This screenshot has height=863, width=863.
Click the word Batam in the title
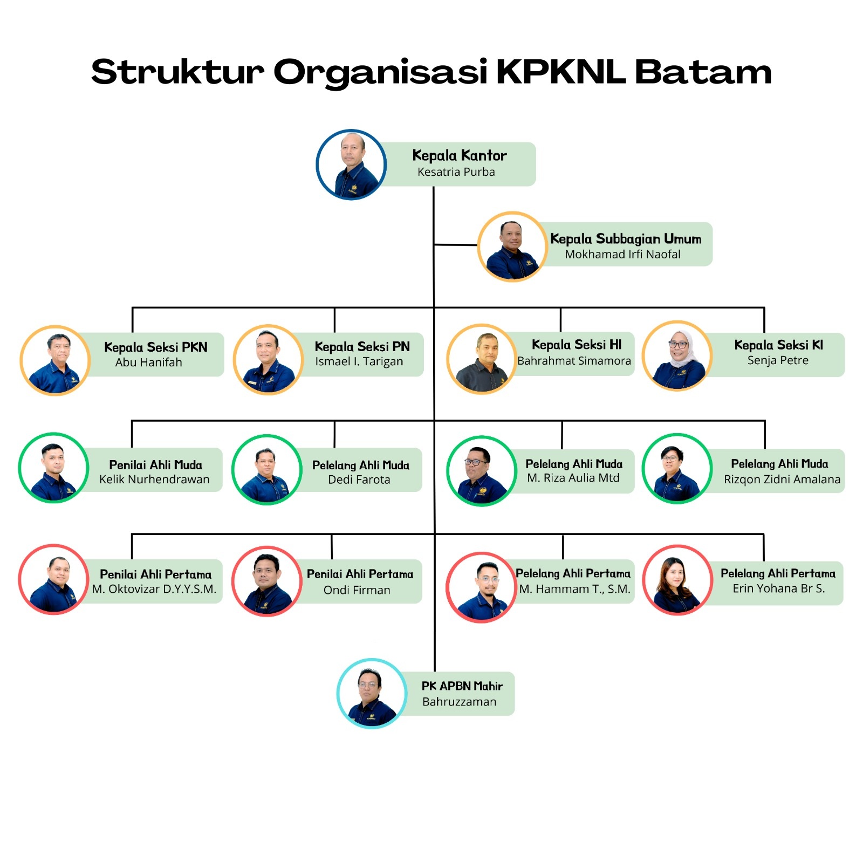pos(703,72)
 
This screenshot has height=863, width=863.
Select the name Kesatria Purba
pos(456,172)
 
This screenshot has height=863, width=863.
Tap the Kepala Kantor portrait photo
pos(351,165)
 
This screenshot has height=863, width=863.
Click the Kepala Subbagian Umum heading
pos(626,239)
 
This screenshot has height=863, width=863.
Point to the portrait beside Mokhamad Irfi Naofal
pos(512,246)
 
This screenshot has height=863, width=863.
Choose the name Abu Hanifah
pos(148,362)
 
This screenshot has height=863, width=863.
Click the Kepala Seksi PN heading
pos(362,347)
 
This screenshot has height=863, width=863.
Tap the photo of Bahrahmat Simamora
pos(482,359)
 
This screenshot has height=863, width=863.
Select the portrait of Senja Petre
pos(677,356)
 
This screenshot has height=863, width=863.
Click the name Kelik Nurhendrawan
pos(154,480)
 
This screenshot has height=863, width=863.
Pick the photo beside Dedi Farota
pos(266,470)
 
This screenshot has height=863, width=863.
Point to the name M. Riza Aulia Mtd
pos(573,478)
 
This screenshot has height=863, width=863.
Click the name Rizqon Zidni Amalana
pos(782,480)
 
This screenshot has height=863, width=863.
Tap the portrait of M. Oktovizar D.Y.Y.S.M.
pos(53,579)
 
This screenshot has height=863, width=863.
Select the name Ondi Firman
pos(357,590)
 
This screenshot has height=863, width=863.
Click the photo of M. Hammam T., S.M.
pos(481,587)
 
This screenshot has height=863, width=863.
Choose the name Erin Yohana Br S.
pos(778,588)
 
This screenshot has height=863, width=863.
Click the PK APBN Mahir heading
pos(462,686)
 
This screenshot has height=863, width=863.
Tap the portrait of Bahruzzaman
pos(372,694)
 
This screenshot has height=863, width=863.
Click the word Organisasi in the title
pos(381,72)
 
